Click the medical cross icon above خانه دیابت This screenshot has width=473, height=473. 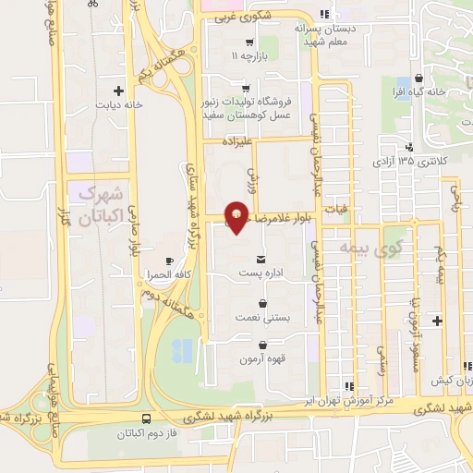(x=117, y=91)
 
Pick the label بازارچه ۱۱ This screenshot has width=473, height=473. (x=248, y=57)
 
